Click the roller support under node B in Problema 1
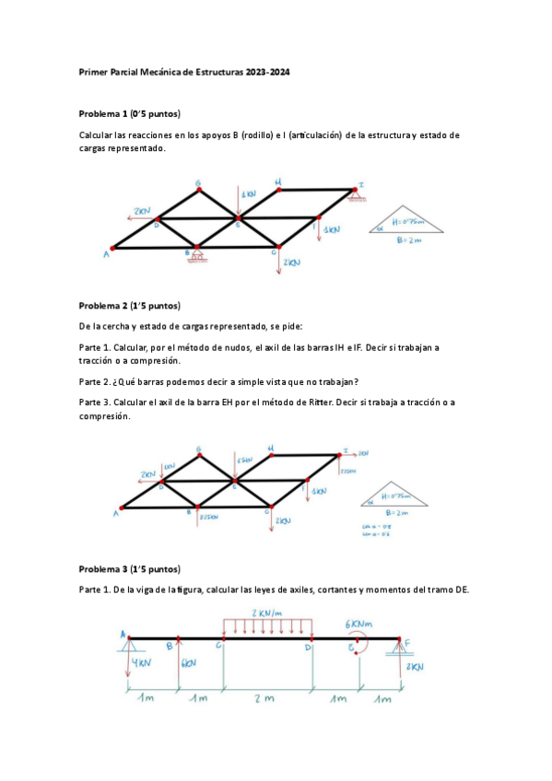pos(195,254)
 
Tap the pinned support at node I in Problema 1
pos(353,193)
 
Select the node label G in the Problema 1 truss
pos(198,182)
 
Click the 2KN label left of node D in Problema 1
pos(141,211)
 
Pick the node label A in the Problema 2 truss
pos(117,514)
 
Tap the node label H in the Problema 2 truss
pos(271,449)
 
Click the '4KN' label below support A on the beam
pos(142,664)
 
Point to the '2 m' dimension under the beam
pos(267,699)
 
